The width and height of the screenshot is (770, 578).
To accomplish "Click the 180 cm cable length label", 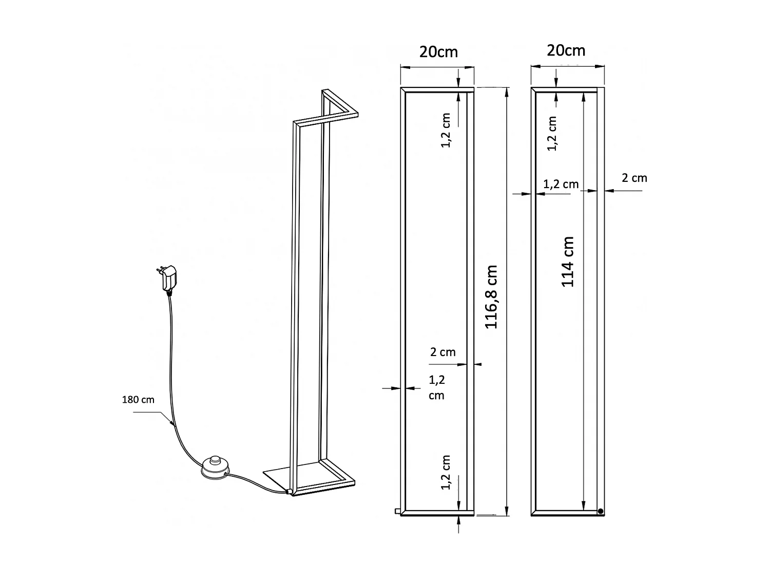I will click(138, 399).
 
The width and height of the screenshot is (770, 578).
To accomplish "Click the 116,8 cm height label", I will click(491, 297).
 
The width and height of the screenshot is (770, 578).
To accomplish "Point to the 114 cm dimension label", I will click(568, 262).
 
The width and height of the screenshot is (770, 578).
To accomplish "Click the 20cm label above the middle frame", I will click(438, 52).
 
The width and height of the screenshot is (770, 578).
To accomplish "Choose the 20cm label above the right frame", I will click(566, 50).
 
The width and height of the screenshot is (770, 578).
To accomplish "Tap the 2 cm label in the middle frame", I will click(442, 352).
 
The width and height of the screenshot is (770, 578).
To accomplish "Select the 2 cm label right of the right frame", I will click(634, 178).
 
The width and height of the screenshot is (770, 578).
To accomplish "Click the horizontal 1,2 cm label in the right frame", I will click(561, 184).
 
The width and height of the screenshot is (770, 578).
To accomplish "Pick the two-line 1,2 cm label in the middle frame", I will click(437, 387).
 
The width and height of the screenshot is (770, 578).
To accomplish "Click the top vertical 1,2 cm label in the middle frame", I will click(446, 130).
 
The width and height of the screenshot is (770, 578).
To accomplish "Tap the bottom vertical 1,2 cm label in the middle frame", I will click(446, 472).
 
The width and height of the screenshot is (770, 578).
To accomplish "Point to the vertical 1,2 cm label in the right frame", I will click(552, 134).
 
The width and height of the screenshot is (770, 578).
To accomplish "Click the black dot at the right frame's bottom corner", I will click(601, 511).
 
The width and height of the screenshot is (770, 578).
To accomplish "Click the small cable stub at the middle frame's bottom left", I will click(397, 511).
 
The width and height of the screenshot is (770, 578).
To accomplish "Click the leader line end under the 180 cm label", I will click(171, 423).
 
